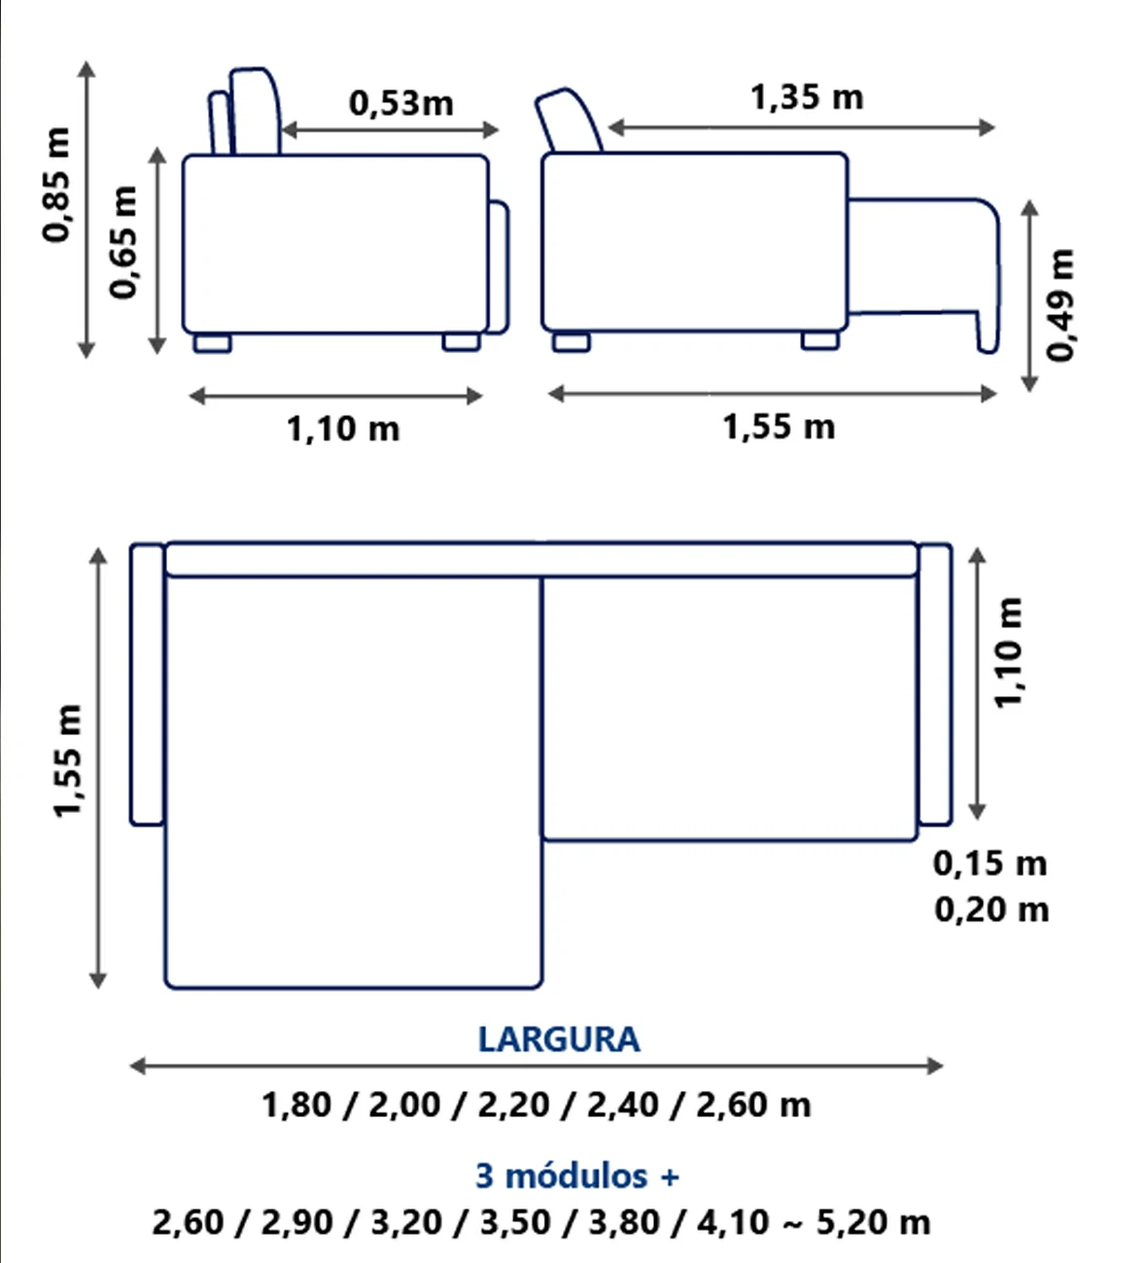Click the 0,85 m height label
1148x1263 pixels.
(x=56, y=185)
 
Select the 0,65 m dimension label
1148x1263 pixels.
(x=122, y=242)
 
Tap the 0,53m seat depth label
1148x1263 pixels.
(x=401, y=103)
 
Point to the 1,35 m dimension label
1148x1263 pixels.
(x=807, y=97)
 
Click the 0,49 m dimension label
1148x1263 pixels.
(x=1061, y=305)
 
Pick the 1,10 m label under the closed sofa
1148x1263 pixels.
(x=343, y=430)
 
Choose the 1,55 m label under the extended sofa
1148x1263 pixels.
(x=779, y=428)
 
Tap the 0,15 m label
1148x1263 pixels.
(x=990, y=863)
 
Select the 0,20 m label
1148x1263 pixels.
(x=991, y=910)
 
